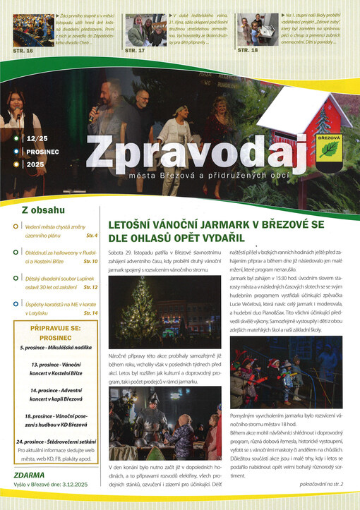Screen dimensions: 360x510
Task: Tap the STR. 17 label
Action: point(135,51)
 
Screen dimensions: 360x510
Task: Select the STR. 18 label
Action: point(247,51)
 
